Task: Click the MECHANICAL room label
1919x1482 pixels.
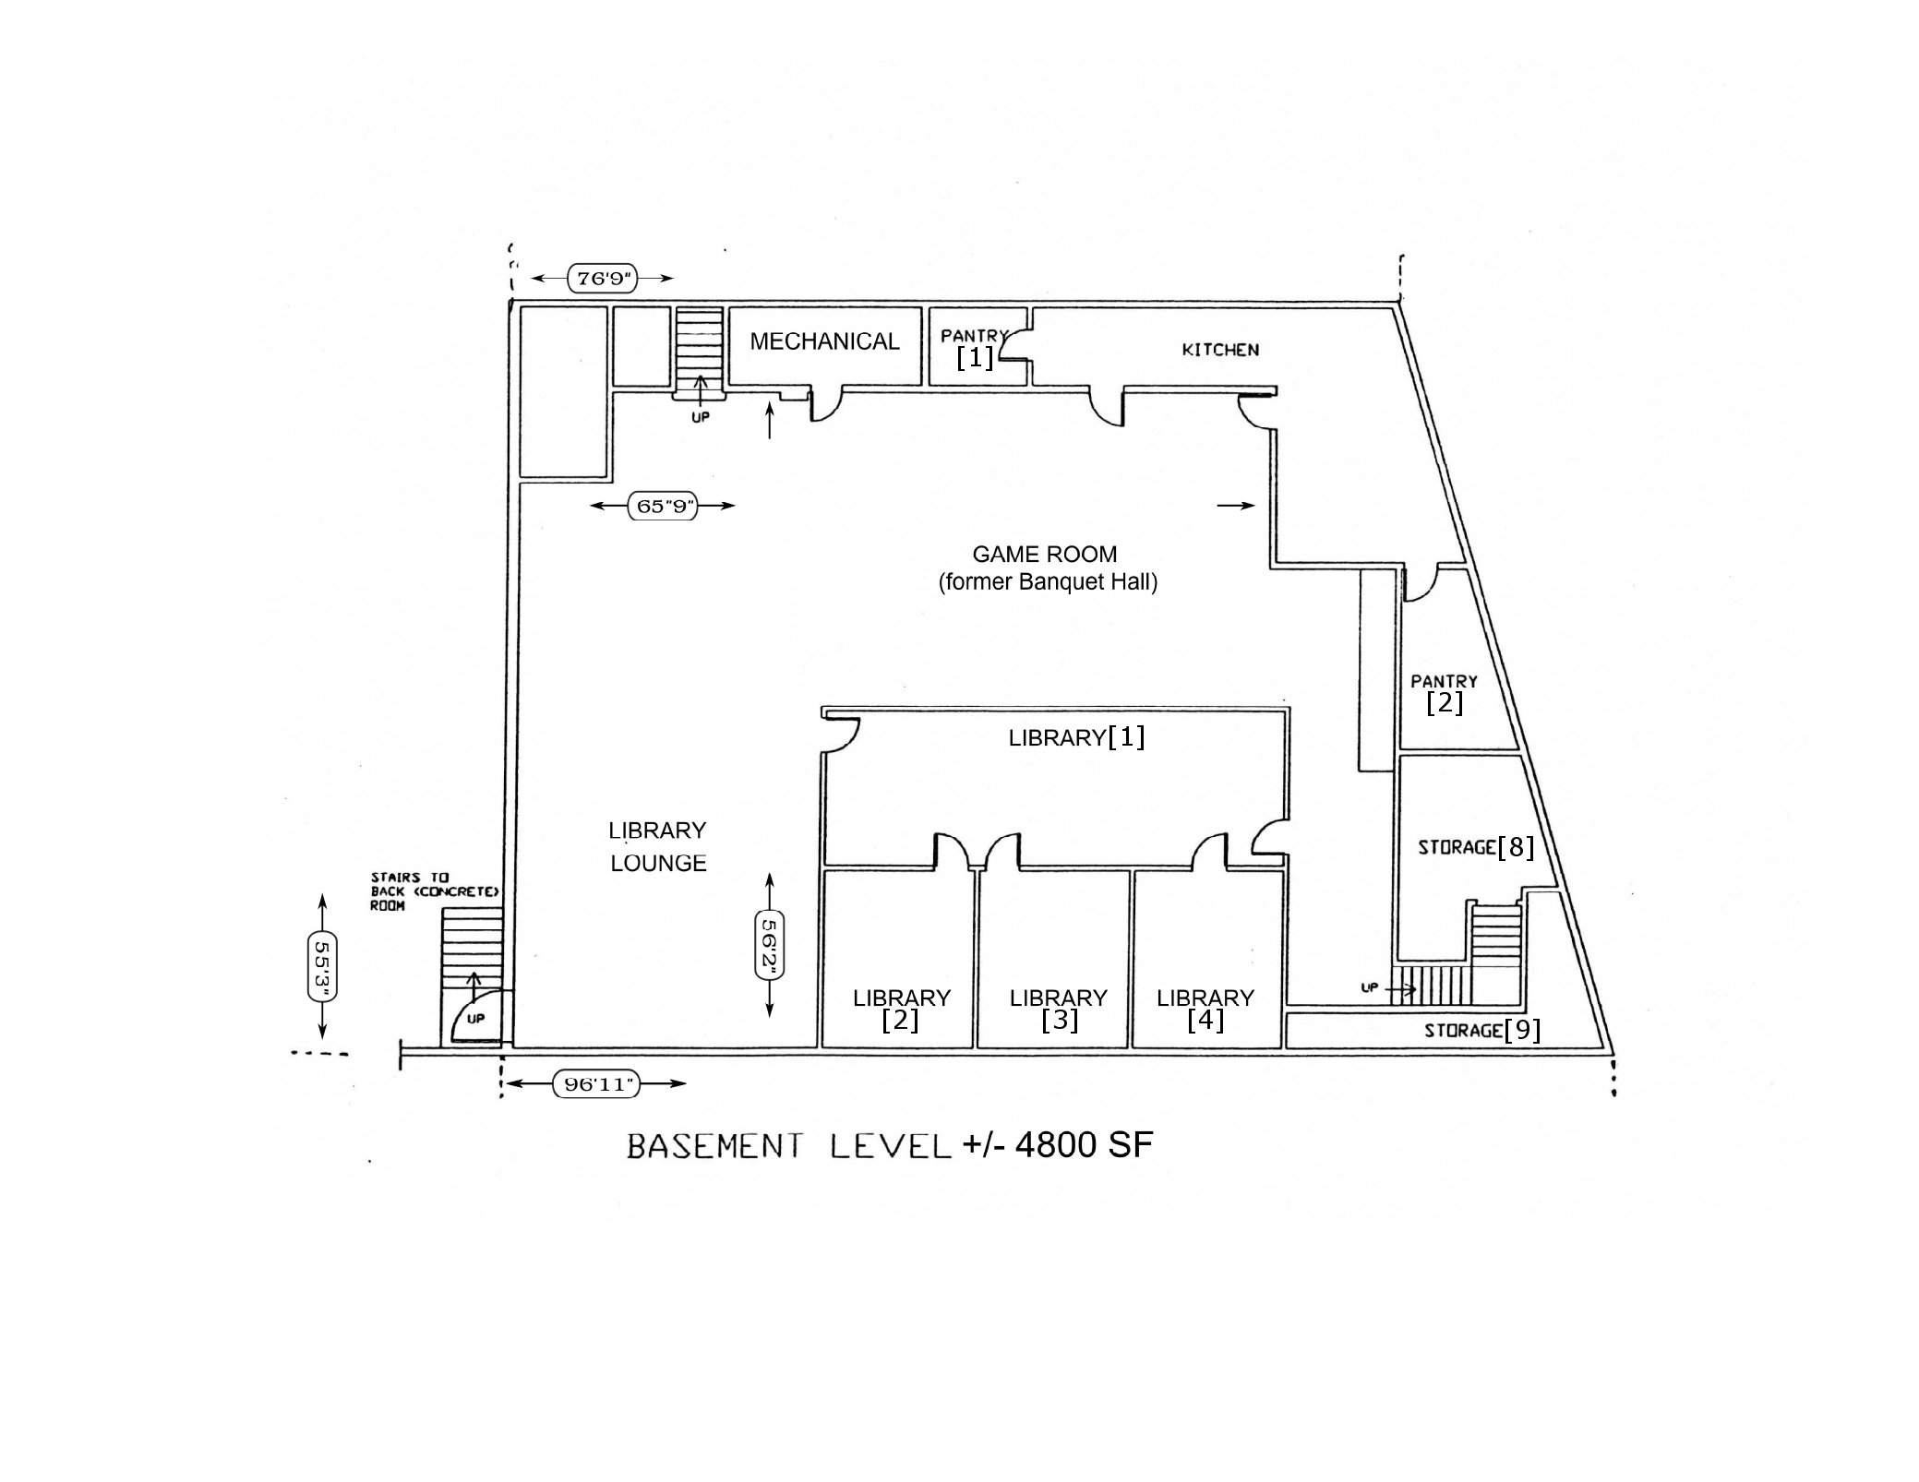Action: [x=824, y=341]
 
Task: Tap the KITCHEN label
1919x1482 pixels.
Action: [x=1220, y=350]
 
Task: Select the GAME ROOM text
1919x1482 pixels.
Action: [x=1045, y=554]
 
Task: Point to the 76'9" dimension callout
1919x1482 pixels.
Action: [x=604, y=278]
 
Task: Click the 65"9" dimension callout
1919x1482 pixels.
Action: [x=664, y=506]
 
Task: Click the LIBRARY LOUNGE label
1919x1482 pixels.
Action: [x=657, y=846]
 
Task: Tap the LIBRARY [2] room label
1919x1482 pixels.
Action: [x=901, y=1009]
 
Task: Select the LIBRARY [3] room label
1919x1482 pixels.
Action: [x=1059, y=1009]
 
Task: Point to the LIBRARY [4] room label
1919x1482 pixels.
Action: [x=1205, y=1009]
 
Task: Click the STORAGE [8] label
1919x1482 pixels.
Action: [x=1476, y=846]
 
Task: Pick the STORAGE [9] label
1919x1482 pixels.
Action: [x=1482, y=1030]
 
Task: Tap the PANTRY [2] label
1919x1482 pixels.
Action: [x=1445, y=694]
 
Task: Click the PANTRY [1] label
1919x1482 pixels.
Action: [x=975, y=348]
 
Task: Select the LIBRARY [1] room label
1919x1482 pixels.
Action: [x=1076, y=737]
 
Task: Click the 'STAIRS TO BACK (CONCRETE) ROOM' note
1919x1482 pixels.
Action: [x=435, y=891]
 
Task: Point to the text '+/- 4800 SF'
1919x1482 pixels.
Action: [x=1058, y=1145]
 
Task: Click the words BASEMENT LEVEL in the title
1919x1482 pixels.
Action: [x=789, y=1147]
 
